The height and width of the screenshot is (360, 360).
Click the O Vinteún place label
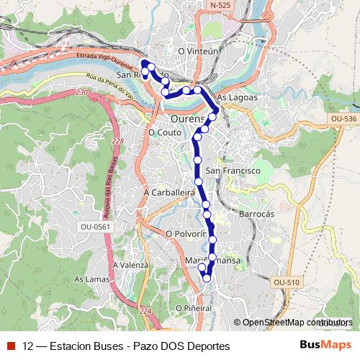(x=197, y=51)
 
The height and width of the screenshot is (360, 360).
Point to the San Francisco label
(x=232, y=171)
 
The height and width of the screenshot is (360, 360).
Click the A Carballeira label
(x=170, y=193)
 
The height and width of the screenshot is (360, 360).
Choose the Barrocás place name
(x=256, y=215)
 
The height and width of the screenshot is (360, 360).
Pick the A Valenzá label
(x=130, y=264)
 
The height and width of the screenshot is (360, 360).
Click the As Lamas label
(x=90, y=279)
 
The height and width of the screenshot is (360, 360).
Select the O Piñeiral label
(x=192, y=307)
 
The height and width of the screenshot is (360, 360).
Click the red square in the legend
(x=10, y=346)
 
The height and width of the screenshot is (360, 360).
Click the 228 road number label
(x=118, y=141)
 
